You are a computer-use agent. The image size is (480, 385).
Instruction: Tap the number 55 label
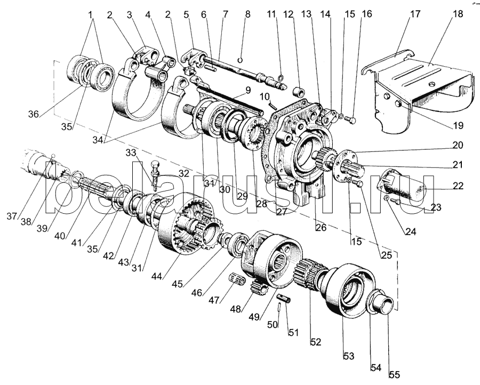point(394,375)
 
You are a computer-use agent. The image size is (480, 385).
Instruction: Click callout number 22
point(458,187)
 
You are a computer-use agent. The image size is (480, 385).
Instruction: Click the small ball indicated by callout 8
point(241,59)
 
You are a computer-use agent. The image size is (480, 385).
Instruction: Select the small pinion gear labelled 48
point(258,292)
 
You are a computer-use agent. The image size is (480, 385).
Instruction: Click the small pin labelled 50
point(279,309)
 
